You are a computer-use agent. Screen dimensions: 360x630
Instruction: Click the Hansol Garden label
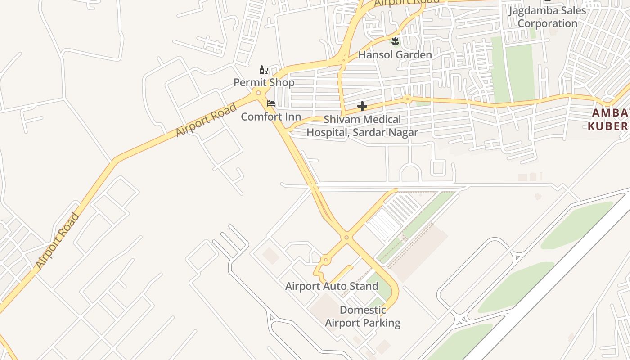click(395, 55)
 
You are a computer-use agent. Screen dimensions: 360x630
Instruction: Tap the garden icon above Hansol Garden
click(395, 42)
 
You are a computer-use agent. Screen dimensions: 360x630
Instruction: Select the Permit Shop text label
click(264, 82)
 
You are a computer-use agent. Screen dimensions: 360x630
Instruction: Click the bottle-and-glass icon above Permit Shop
click(264, 70)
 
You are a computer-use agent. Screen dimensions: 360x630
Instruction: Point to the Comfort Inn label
click(271, 117)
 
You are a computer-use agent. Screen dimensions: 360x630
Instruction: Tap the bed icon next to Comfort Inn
click(271, 103)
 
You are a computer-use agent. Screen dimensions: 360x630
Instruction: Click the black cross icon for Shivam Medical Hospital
click(362, 107)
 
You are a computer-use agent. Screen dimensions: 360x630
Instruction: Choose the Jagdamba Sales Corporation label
click(547, 17)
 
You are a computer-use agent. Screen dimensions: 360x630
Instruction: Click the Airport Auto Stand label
click(332, 286)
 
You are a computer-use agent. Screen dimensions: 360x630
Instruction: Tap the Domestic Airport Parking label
click(363, 316)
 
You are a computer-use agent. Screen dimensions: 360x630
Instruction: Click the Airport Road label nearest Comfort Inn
click(206, 120)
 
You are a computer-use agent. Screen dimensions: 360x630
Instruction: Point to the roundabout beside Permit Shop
click(258, 93)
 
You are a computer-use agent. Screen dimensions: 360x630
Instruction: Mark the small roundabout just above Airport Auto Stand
click(325, 260)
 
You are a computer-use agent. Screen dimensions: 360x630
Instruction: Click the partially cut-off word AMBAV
click(611, 113)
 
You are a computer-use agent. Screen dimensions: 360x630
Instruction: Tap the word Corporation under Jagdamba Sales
click(548, 23)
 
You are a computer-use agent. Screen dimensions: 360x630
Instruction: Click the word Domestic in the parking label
click(363, 310)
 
